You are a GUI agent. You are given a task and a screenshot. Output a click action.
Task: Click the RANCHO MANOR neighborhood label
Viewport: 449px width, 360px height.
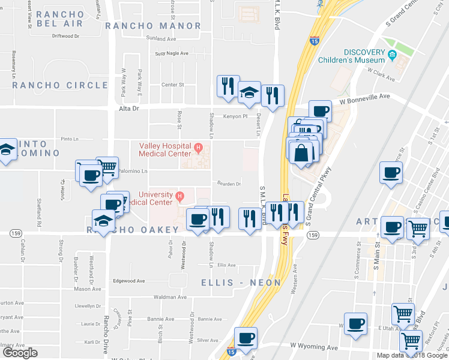(x=153, y=26)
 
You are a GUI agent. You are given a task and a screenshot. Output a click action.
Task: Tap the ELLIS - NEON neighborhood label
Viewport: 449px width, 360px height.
(x=241, y=282)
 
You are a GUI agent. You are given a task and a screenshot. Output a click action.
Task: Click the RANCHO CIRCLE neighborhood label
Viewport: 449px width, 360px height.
(x=60, y=85)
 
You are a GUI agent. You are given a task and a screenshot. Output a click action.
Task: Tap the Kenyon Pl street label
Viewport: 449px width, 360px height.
(x=236, y=116)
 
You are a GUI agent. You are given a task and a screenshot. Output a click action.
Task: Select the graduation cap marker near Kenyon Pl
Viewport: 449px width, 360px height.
(x=249, y=92)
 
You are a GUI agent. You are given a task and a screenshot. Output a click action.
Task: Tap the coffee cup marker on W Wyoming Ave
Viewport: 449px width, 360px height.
(x=245, y=338)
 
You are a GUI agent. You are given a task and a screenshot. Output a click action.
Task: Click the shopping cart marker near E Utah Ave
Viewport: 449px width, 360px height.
(x=403, y=313)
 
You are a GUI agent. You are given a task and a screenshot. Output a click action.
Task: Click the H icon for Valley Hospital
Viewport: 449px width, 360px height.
(x=197, y=146)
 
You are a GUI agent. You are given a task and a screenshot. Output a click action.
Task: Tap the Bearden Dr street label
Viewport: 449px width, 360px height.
(x=229, y=184)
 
